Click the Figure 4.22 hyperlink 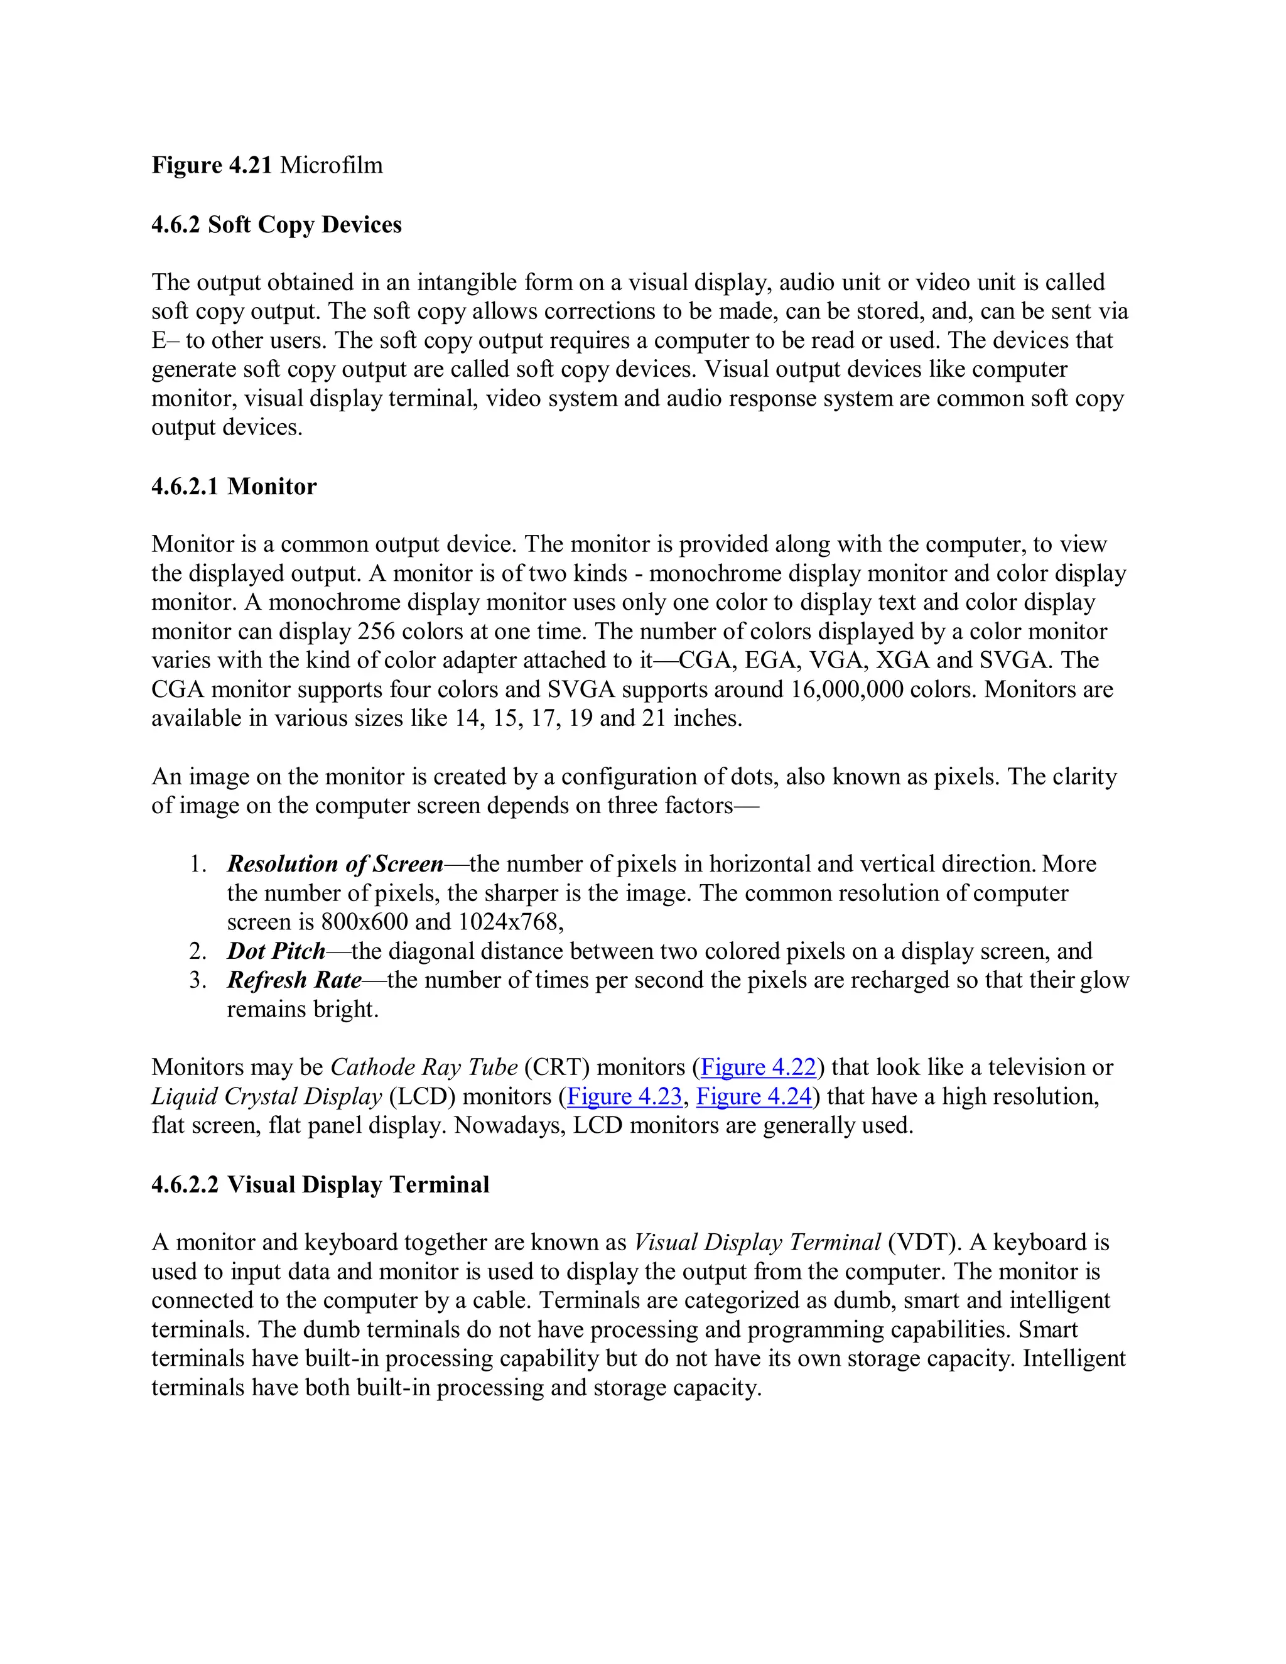tap(758, 1067)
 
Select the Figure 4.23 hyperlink tap(625, 1096)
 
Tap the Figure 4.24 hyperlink tap(754, 1096)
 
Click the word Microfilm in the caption tap(332, 165)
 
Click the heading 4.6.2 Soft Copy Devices tap(276, 225)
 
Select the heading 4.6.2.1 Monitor tap(234, 486)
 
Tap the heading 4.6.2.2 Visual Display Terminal tap(320, 1185)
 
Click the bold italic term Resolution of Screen tap(335, 864)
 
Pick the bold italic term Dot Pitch tap(276, 951)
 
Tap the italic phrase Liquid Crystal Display tap(267, 1096)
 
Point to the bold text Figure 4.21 tap(212, 165)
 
